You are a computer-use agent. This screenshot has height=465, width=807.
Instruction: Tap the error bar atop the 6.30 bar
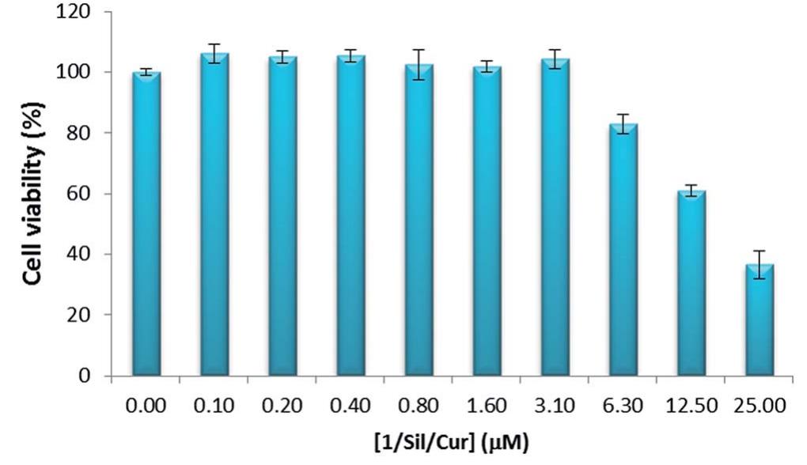tap(623, 124)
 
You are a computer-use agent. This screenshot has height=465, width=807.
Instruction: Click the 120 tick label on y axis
tap(74, 12)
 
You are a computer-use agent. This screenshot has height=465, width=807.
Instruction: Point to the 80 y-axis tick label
tap(78, 133)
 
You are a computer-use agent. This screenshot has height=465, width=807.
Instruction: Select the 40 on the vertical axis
tap(78, 255)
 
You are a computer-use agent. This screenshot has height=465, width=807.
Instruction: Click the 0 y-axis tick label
tap(83, 376)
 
